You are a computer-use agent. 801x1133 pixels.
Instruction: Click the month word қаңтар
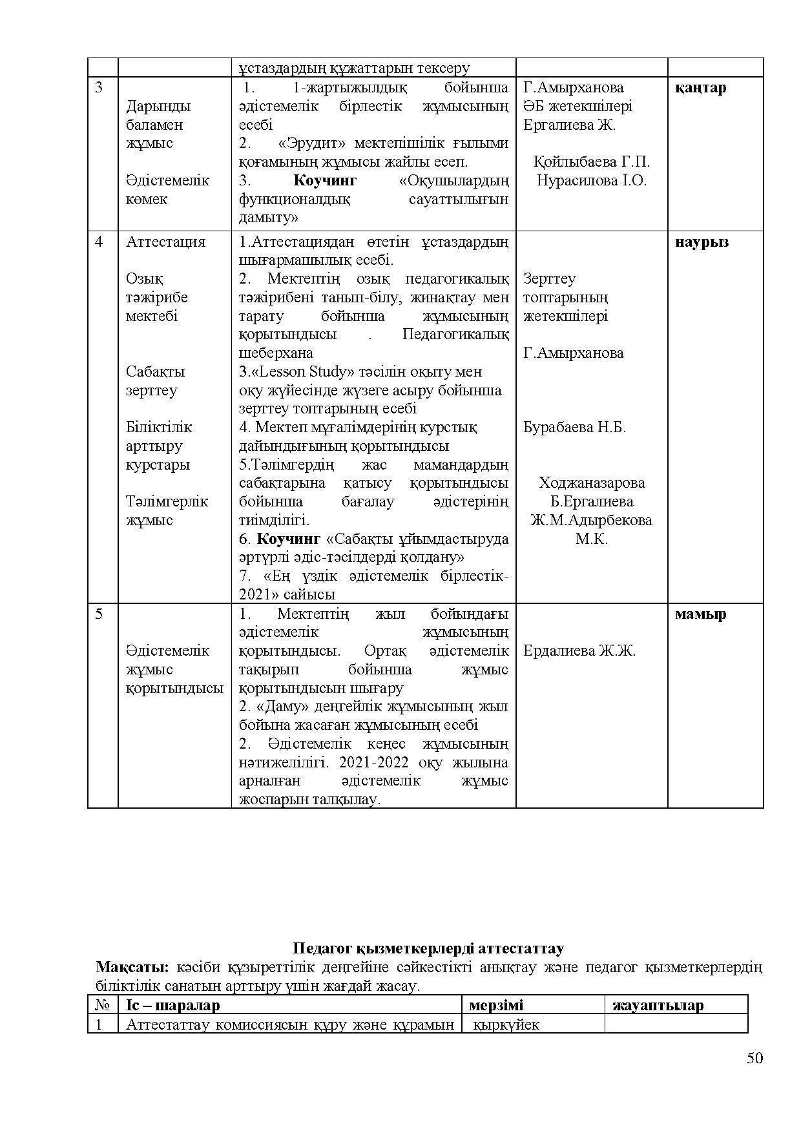point(700,88)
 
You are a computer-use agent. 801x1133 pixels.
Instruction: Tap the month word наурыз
point(702,242)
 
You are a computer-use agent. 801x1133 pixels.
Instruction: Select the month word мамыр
point(700,614)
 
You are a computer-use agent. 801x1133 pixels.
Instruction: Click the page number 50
point(754,1076)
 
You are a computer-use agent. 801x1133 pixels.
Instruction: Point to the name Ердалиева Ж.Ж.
point(579,651)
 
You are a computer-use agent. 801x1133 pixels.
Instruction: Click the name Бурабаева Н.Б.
point(574,428)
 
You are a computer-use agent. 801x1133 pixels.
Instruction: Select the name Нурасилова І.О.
point(591,181)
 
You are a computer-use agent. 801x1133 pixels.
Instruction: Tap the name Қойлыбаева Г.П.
point(592,161)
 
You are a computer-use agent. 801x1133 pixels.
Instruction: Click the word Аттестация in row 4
point(165,242)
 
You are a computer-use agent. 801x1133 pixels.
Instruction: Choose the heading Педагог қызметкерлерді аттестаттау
point(428,948)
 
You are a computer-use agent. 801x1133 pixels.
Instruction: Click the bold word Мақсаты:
point(132,967)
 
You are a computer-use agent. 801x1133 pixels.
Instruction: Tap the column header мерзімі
point(496,1005)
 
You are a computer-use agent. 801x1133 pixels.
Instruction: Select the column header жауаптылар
point(658,1005)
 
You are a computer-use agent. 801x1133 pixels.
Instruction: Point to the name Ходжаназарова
point(591,483)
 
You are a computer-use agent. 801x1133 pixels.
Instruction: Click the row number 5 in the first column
point(99,614)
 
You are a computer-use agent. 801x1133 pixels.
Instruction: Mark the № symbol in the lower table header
point(102,1005)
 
